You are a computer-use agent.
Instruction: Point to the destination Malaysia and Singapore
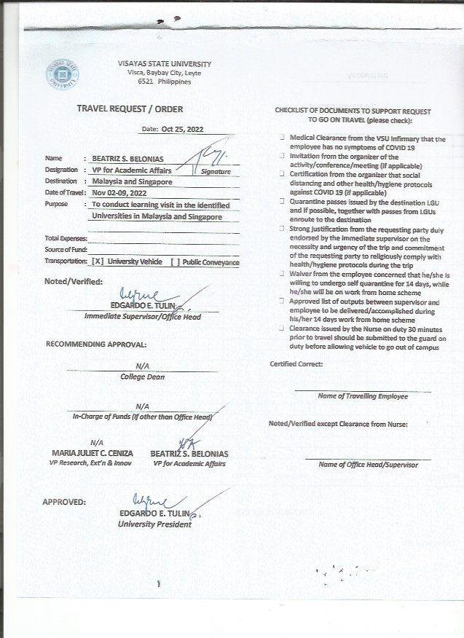(132, 181)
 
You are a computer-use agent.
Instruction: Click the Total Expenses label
(66, 238)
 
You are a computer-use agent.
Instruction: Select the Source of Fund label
(66, 250)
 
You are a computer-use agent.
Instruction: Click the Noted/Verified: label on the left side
(74, 281)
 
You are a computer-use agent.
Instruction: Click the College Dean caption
(142, 377)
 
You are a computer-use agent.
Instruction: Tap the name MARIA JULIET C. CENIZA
(93, 454)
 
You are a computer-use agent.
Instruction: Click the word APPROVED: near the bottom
(64, 502)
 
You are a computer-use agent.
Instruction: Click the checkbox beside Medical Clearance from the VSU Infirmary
(281, 137)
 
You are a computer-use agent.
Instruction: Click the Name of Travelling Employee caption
(363, 396)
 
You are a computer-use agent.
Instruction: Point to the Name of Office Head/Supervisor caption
(369, 464)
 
